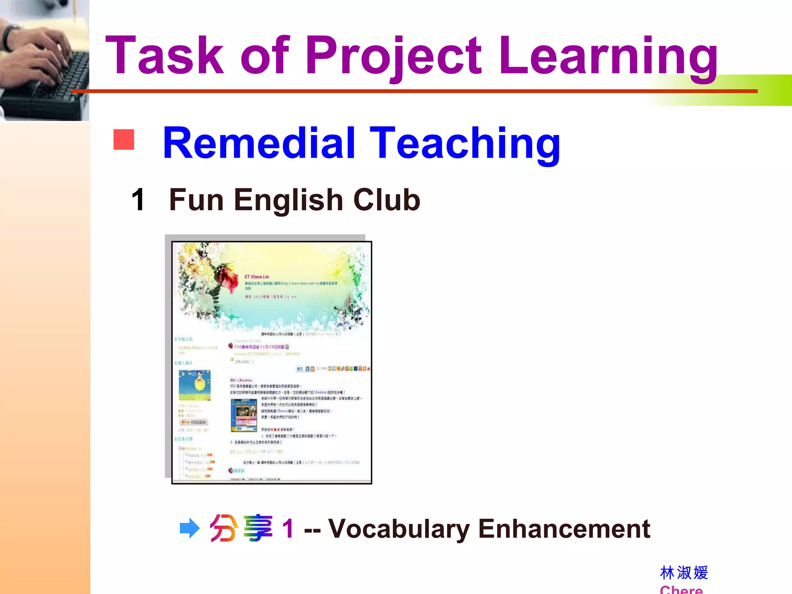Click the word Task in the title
pyautogui.click(x=164, y=55)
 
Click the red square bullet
pyautogui.click(x=124, y=139)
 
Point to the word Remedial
pyautogui.click(x=259, y=143)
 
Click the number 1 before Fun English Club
pyautogui.click(x=138, y=200)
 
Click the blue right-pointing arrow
pyautogui.click(x=189, y=528)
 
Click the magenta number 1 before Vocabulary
pyautogui.click(x=288, y=529)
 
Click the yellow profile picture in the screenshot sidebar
pyautogui.click(x=195, y=385)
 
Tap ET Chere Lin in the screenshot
pyautogui.click(x=256, y=277)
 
